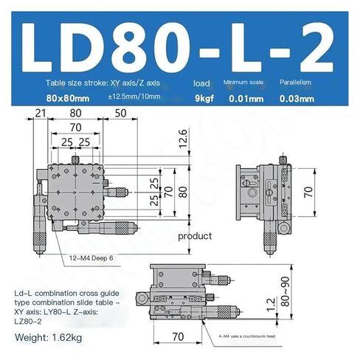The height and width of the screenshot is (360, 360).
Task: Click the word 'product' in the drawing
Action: (195, 236)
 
